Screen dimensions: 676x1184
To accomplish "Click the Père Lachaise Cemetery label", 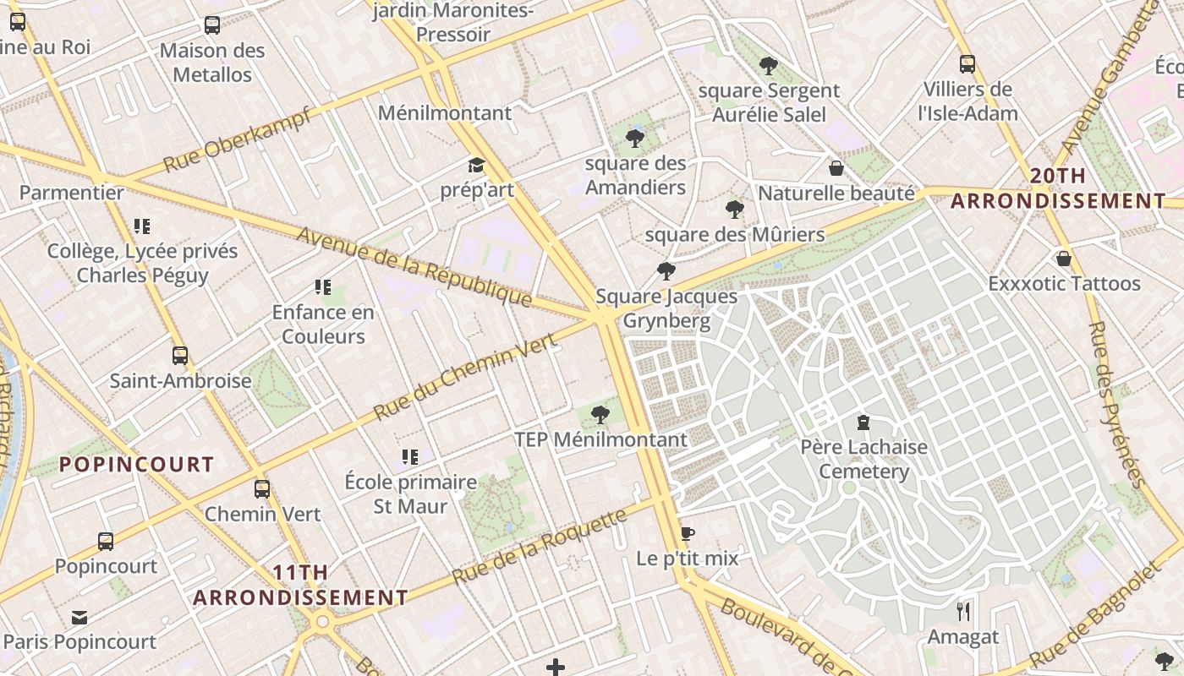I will pyautogui.click(x=863, y=459).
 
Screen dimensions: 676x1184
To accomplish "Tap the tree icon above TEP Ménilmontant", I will pyautogui.click(x=600, y=414).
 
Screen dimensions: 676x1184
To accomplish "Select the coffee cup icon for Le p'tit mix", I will pyautogui.click(x=687, y=533).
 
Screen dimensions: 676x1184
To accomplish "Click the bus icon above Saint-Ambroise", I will pyautogui.click(x=179, y=355).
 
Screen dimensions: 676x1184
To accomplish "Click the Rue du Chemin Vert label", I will pyautogui.click(x=464, y=377).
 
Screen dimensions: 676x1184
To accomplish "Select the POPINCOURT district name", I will pyautogui.click(x=136, y=464).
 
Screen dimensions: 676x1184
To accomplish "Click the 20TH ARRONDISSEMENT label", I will pyautogui.click(x=1058, y=188).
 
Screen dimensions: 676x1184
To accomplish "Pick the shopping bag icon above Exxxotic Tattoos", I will pyautogui.click(x=1063, y=258).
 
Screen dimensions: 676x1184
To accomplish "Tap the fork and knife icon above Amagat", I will pyautogui.click(x=962, y=611).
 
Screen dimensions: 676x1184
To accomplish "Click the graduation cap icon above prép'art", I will pyautogui.click(x=476, y=165).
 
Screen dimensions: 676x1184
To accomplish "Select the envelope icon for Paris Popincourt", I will pyautogui.click(x=79, y=617).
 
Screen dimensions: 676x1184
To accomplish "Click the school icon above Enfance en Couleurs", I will pyautogui.click(x=322, y=286).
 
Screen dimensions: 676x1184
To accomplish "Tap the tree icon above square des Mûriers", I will pyautogui.click(x=734, y=209).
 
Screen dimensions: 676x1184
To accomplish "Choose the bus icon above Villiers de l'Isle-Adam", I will pyautogui.click(x=967, y=63).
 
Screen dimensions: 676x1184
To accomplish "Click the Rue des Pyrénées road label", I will pyautogui.click(x=1117, y=405).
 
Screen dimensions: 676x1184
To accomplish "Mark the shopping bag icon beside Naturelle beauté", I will pyautogui.click(x=836, y=168).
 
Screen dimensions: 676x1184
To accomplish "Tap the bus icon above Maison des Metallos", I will pyautogui.click(x=211, y=25).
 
